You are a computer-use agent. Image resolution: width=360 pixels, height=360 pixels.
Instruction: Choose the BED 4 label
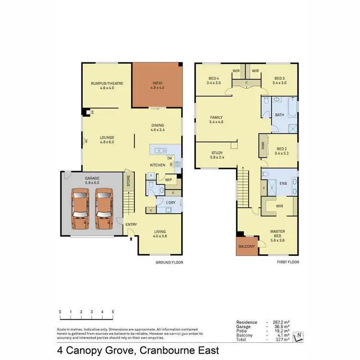(214, 81)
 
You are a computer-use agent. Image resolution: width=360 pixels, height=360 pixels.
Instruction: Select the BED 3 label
(280, 81)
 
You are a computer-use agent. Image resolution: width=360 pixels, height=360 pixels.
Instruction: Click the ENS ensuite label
(283, 183)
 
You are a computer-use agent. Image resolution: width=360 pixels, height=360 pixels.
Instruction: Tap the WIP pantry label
(168, 180)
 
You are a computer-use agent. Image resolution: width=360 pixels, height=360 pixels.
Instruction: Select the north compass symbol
(299, 336)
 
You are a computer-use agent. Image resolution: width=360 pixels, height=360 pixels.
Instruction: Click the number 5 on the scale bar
(113, 312)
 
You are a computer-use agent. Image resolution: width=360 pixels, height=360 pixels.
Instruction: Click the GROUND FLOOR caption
(169, 263)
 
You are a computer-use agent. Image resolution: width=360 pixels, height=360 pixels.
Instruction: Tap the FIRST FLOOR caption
(288, 263)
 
